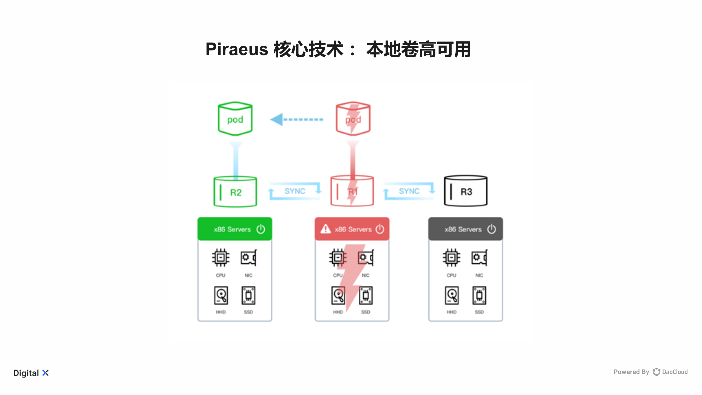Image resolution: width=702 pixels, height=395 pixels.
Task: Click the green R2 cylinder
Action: point(235,192)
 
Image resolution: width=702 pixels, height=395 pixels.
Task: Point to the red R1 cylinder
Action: point(352,191)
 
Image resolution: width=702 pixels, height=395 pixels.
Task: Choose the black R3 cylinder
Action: point(466,191)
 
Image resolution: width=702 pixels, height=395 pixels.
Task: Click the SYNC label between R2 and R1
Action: point(295,191)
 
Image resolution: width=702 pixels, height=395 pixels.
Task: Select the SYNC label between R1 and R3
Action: point(409,191)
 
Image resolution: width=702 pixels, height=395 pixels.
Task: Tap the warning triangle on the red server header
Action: point(325,229)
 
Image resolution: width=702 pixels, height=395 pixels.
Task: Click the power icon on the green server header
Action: point(261,229)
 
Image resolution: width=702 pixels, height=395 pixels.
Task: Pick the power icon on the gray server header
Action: point(491,229)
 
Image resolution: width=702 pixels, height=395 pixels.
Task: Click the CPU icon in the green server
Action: point(220,258)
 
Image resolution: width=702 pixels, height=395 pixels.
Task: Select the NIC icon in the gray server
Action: point(479,258)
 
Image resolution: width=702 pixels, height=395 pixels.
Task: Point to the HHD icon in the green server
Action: point(221,295)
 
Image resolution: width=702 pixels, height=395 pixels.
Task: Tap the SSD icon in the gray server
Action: point(479,295)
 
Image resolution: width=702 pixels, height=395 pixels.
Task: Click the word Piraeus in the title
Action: point(237,49)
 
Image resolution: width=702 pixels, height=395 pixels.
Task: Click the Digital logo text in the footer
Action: point(26,373)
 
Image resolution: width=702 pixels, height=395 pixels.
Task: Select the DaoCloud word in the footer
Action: point(675,372)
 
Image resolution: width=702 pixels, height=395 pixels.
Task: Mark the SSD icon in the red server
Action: point(366,295)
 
